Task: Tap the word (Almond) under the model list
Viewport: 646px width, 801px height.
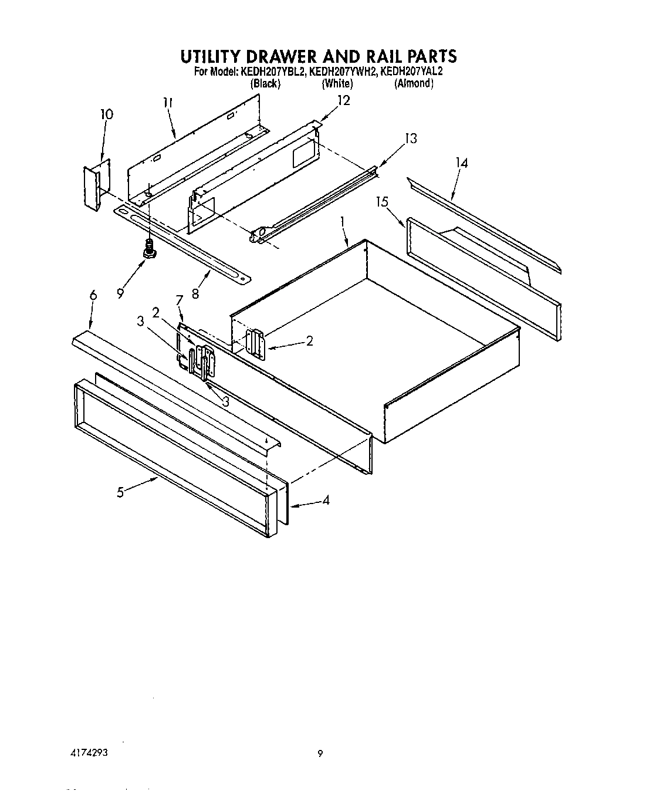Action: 414,83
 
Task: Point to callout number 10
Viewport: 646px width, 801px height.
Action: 106,114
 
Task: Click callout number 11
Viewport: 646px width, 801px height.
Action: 168,103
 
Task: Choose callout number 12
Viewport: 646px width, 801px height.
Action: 343,100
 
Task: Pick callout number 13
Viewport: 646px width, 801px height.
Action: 411,138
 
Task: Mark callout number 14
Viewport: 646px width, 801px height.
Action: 462,163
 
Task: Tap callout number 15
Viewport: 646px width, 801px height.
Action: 382,202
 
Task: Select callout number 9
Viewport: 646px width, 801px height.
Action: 120,293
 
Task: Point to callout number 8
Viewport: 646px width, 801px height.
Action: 195,293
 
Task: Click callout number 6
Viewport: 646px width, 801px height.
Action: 93,296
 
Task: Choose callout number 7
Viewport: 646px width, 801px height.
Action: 179,300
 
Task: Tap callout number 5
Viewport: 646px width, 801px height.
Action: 120,492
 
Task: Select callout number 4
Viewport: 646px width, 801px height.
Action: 326,501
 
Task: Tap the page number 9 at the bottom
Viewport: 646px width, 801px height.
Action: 320,754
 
